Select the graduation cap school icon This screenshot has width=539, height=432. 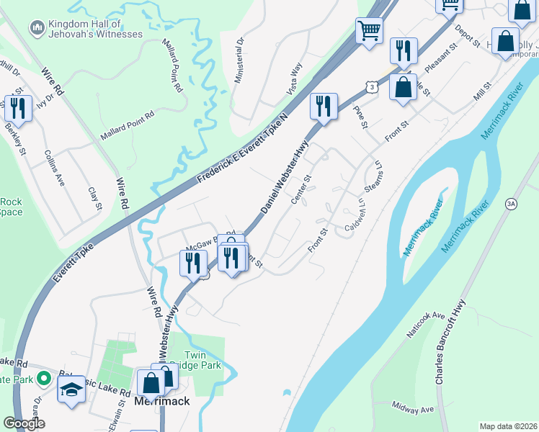[71, 391]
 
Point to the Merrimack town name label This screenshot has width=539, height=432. [162, 401]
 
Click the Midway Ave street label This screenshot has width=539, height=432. [412, 408]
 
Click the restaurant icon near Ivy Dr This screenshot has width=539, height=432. [17, 109]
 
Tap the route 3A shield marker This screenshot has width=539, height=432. [511, 203]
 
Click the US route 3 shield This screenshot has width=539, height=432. [370, 86]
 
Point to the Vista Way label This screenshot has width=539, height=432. [295, 78]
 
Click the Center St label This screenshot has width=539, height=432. [301, 189]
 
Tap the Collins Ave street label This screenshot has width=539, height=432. [55, 168]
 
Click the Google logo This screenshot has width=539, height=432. [24, 423]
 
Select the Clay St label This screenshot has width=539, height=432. [95, 199]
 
